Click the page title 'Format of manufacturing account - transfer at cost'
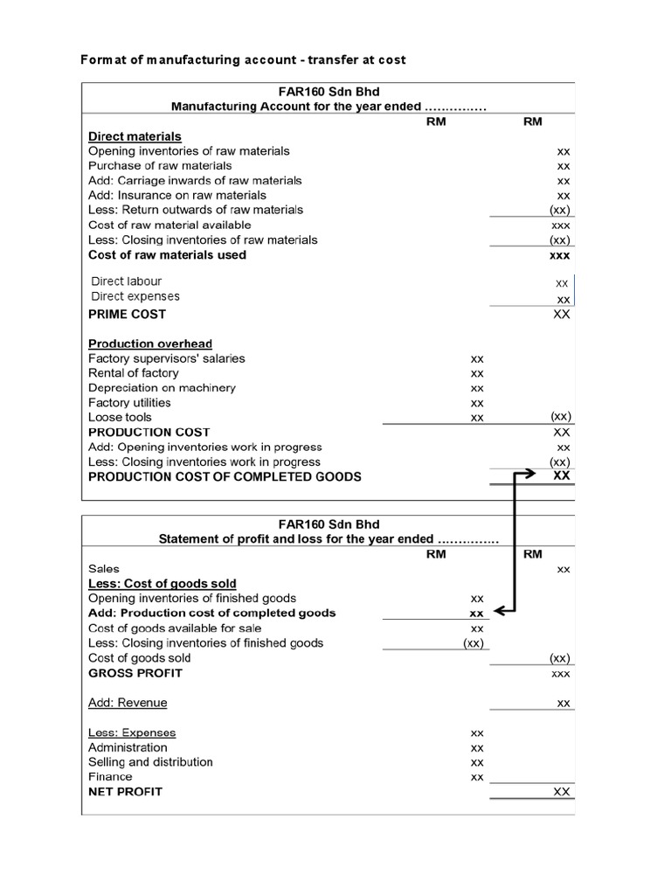coord(243,59)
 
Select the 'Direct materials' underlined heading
coord(135,136)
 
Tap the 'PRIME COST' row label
coord(127,314)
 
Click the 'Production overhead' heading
coord(149,343)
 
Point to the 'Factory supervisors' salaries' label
coord(166,358)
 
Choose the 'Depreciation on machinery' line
coord(162,388)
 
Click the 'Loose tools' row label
coord(120,418)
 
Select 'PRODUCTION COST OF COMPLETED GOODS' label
coord(225,477)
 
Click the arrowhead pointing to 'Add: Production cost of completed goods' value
coord(500,613)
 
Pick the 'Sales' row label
coord(104,568)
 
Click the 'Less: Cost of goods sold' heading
coord(162,583)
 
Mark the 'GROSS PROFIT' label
coord(135,673)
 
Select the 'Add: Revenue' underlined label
coord(128,703)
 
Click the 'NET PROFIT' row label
coord(125,791)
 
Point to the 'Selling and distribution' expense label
coord(150,762)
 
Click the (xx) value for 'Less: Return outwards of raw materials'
coord(559,211)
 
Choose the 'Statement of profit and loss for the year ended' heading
coord(328,539)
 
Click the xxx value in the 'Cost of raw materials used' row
coord(559,255)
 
